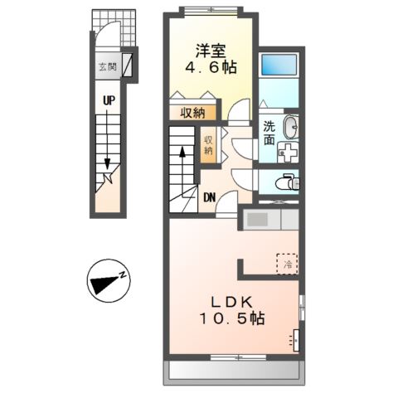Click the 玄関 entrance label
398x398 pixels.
[108, 66]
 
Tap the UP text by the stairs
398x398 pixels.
[109, 100]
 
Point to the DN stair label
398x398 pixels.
[210, 197]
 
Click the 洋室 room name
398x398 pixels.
[211, 51]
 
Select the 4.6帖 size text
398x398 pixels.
[211, 67]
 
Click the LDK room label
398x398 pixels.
[232, 302]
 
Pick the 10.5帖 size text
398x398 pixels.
[231, 318]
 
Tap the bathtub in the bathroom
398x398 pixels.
[279, 65]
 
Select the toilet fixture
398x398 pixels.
[288, 182]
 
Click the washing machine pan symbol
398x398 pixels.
[288, 153]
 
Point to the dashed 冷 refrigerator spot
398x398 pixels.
[288, 264]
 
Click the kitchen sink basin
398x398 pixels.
[257, 220]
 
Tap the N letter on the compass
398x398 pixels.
[123, 274]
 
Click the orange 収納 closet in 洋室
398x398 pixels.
[192, 112]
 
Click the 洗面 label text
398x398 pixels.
[269, 133]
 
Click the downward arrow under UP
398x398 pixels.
[107, 139]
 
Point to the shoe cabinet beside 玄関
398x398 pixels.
[127, 65]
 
